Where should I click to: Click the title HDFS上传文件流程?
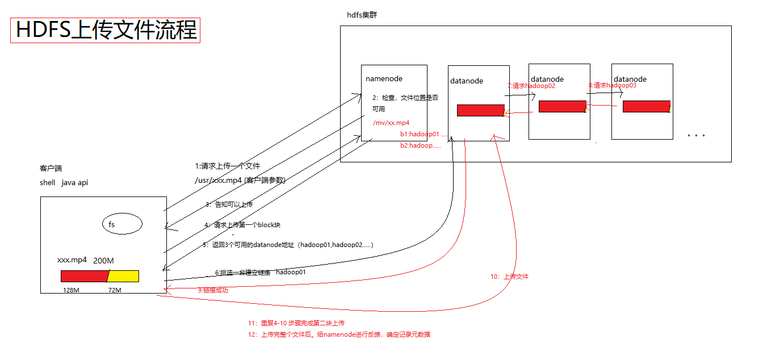pyautogui.click(x=106, y=30)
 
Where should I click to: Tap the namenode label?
pyautogui.click(x=384, y=79)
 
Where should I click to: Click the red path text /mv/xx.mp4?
pyautogui.click(x=391, y=123)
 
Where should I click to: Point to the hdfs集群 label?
pyautogui.click(x=362, y=15)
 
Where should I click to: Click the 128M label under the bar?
pyautogui.click(x=71, y=290)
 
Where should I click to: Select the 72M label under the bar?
pyautogui.click(x=115, y=290)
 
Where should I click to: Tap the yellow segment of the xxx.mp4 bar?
pyautogui.click(x=123, y=277)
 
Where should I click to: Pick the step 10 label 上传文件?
pyautogui.click(x=509, y=277)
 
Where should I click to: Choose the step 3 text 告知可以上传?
pyautogui.click(x=229, y=204)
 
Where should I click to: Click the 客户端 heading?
pyautogui.click(x=51, y=169)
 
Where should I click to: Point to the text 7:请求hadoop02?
pyautogui.click(x=531, y=86)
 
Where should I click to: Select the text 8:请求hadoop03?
pyautogui.click(x=612, y=85)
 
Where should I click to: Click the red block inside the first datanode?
pyautogui.click(x=480, y=111)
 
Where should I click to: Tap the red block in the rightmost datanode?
pyautogui.click(x=645, y=107)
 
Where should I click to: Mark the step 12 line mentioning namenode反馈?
pyautogui.click(x=338, y=334)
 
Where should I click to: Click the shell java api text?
pyautogui.click(x=64, y=183)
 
